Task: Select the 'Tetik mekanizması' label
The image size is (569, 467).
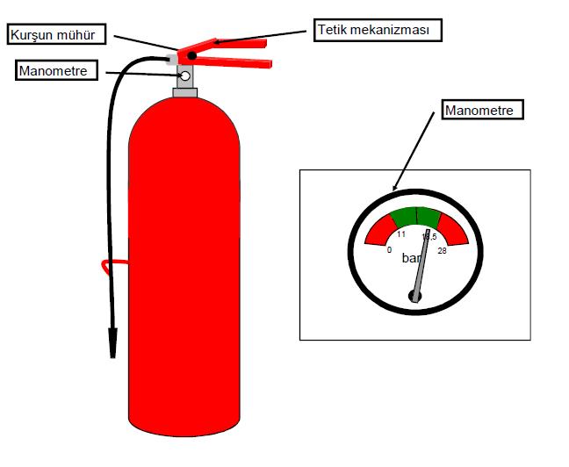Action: pyautogui.click(x=378, y=30)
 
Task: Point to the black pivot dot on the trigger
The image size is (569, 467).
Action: pyautogui.click(x=191, y=55)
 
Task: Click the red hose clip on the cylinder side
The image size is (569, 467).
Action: pyautogui.click(x=107, y=263)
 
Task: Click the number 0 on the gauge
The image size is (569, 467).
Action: pyautogui.click(x=389, y=250)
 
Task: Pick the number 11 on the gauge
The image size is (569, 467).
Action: pyautogui.click(x=400, y=234)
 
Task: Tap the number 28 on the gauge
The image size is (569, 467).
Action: pyautogui.click(x=442, y=251)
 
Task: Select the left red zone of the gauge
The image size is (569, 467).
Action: pyautogui.click(x=379, y=231)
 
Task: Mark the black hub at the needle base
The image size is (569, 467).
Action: pyautogui.click(x=415, y=296)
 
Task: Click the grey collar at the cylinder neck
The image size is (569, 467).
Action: pyautogui.click(x=185, y=91)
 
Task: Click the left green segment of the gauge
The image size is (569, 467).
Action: pyautogui.click(x=403, y=217)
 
